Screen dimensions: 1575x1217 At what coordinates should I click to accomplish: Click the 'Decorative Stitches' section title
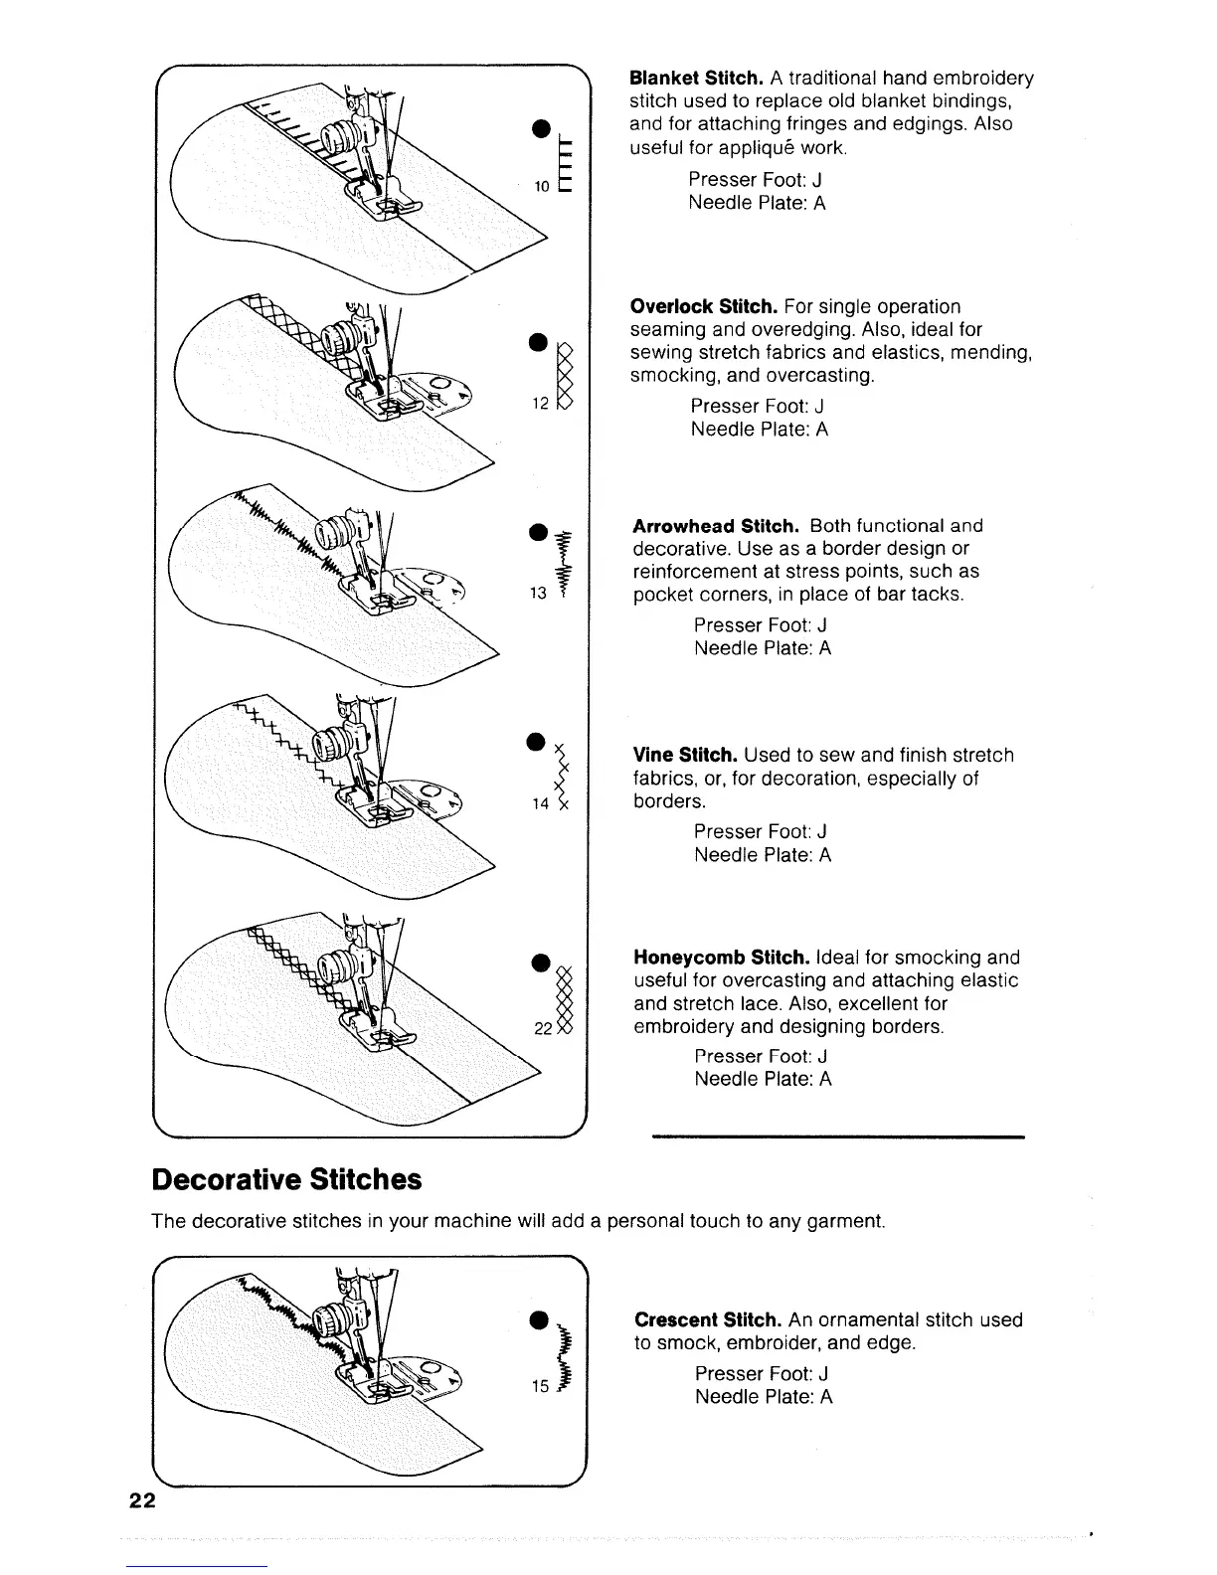pos(286,1179)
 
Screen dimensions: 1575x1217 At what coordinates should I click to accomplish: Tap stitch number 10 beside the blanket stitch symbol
pos(541,186)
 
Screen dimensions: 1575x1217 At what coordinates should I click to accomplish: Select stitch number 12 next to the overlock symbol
pos(540,405)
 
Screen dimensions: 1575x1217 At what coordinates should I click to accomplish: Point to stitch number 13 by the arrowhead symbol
pos(539,594)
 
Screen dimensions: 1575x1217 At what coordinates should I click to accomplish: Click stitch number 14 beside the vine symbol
pos(540,803)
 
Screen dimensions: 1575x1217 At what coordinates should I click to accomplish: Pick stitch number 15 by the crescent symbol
pos(540,1386)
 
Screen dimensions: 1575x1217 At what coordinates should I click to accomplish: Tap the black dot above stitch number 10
pos(540,126)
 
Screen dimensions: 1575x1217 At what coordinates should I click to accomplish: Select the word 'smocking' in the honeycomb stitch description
pos(937,958)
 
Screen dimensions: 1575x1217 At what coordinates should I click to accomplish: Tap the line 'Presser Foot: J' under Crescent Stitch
pos(761,1373)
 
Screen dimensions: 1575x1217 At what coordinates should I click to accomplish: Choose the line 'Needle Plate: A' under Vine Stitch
pos(762,855)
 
